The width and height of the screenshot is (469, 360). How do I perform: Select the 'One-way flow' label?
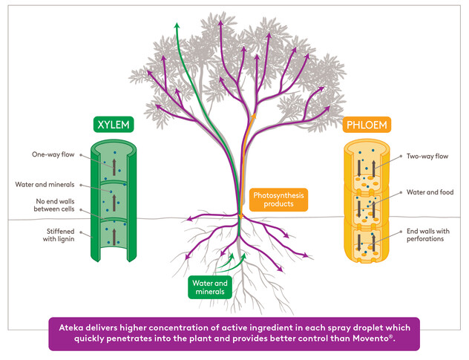click(47, 156)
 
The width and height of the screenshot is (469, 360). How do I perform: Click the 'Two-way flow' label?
click(426, 157)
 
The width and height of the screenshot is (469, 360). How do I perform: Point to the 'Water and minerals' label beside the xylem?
click(45, 185)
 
